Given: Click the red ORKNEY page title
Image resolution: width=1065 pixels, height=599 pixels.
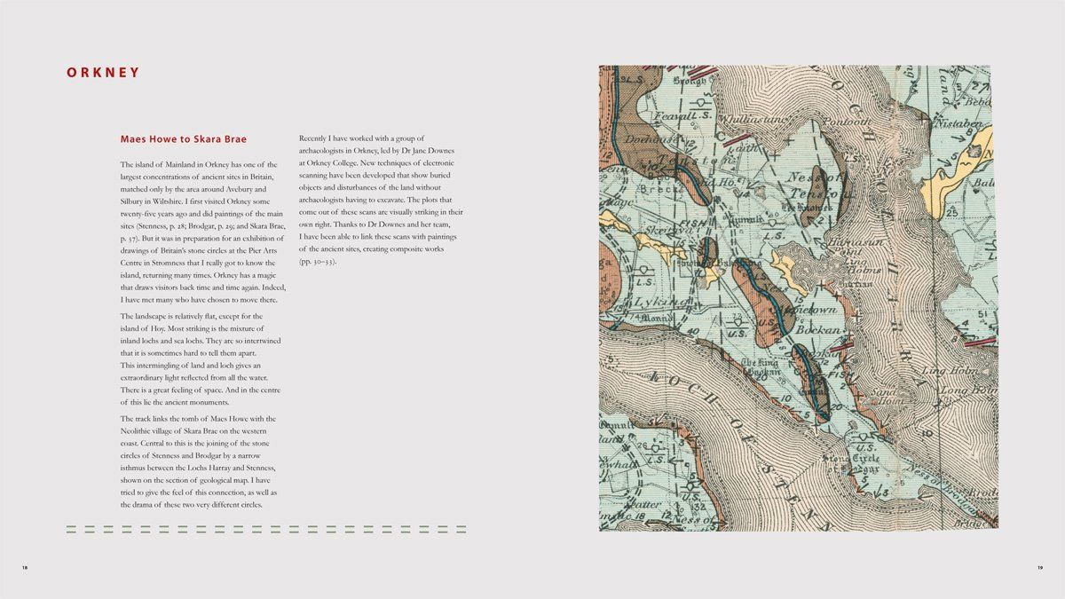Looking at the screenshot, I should pyautogui.click(x=103, y=73).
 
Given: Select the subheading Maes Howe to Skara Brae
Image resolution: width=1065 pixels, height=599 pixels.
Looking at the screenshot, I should pyautogui.click(x=183, y=139).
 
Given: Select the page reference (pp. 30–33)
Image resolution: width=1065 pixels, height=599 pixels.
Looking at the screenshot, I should pyautogui.click(x=318, y=262).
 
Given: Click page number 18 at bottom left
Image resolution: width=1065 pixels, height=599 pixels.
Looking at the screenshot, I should pyautogui.click(x=25, y=567).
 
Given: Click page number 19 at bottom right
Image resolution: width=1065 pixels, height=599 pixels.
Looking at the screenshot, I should pyautogui.click(x=1039, y=567).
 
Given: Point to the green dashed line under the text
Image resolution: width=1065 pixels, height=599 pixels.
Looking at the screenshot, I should pyautogui.click(x=266, y=530).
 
